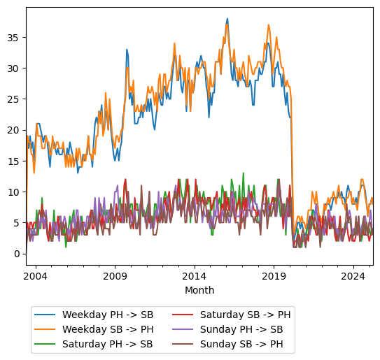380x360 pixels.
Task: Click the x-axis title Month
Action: tap(199, 290)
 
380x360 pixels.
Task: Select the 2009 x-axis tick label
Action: tap(115, 276)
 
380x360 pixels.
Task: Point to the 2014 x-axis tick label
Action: tap(195, 276)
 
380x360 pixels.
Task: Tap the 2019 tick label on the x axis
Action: tap(274, 276)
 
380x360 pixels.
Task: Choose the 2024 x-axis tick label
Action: tap(353, 276)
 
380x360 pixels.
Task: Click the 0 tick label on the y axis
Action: tap(17, 253)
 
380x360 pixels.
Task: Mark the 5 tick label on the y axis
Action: tap(17, 222)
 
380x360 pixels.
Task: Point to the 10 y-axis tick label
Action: tap(14, 192)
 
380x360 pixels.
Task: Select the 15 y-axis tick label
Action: tap(14, 161)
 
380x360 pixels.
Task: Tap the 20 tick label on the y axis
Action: tap(14, 130)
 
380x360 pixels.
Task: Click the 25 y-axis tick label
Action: tap(14, 99)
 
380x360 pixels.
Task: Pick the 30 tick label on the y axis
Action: tap(14, 69)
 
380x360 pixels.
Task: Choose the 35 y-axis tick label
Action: tap(14, 38)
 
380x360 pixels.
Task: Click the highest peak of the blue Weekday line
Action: tap(227, 19)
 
